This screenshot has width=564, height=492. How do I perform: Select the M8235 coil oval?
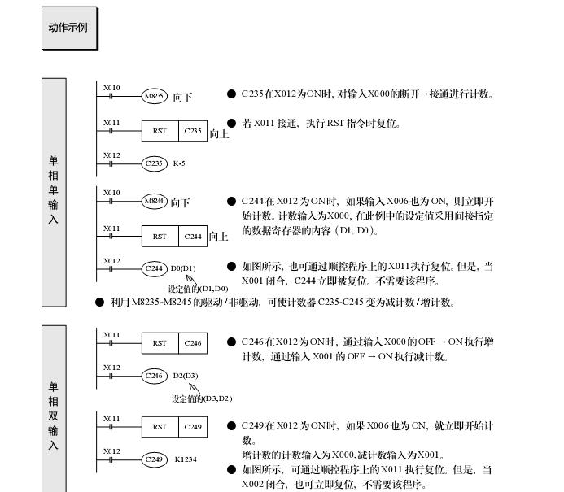point(154,96)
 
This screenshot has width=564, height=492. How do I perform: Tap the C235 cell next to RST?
point(192,130)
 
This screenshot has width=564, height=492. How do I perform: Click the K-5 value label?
point(179,163)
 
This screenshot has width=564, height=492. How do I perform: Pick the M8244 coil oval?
point(154,201)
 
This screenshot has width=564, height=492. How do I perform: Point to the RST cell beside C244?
point(160,237)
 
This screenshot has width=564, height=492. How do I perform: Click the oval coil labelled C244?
point(154,268)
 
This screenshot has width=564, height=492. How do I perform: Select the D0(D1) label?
point(183,268)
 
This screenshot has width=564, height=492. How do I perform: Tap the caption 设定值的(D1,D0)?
point(199,289)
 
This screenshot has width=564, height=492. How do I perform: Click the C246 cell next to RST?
point(192,343)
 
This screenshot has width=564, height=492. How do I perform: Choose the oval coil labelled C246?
point(154,376)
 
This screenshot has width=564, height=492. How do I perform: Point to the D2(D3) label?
point(186,376)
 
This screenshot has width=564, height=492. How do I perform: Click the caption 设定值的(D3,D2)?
point(202,398)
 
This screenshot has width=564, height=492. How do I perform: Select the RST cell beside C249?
point(160,427)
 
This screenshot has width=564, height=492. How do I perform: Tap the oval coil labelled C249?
point(154,459)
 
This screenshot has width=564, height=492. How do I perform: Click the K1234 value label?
point(186,459)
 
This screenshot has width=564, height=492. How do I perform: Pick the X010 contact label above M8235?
point(111,88)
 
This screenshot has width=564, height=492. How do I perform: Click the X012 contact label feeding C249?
point(111,451)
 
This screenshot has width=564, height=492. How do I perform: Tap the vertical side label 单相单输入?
point(54,191)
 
